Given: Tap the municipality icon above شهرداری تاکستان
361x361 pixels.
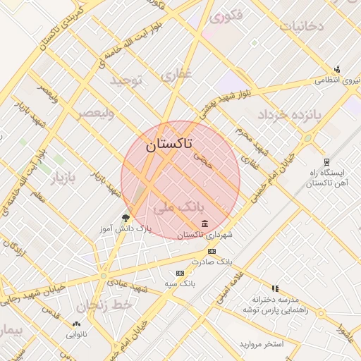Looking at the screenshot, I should (x=205, y=224).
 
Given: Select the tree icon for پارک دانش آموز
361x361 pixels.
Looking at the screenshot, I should (x=126, y=218).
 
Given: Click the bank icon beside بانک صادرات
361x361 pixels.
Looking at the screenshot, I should (x=211, y=251).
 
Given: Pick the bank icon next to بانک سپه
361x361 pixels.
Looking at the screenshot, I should (x=180, y=273).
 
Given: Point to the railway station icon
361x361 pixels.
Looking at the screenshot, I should (x=326, y=162).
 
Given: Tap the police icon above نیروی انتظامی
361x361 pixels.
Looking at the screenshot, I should (x=337, y=69).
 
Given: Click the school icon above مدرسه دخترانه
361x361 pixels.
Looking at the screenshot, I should (x=275, y=288).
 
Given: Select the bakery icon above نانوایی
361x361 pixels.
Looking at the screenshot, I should (x=76, y=324).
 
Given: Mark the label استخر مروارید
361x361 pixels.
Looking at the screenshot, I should (x=261, y=344).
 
